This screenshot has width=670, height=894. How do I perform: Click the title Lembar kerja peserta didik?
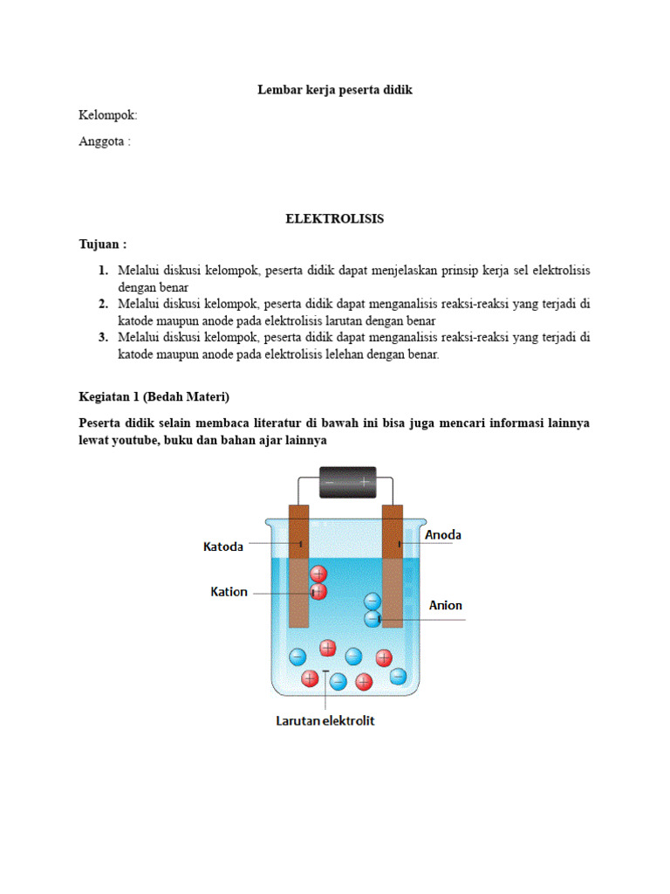point(334,90)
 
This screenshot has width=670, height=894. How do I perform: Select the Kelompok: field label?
point(108,115)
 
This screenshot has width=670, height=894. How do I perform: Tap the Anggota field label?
point(105,141)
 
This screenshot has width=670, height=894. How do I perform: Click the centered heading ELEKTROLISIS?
point(334,219)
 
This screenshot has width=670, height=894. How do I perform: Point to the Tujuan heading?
point(102,244)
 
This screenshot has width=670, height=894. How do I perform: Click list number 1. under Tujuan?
point(103,271)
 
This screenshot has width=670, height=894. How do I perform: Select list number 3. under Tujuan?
point(103,337)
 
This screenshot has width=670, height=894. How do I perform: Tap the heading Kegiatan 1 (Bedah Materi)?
point(154,396)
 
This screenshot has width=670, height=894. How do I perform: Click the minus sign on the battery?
point(329,481)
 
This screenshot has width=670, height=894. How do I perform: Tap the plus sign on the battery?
point(364,481)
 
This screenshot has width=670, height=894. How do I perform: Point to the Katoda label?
point(223,547)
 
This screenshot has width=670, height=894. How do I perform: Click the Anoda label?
point(443,535)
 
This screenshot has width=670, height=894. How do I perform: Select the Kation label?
point(229,592)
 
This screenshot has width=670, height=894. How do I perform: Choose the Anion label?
point(445,605)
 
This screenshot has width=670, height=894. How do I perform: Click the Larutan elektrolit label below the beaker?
point(324,721)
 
